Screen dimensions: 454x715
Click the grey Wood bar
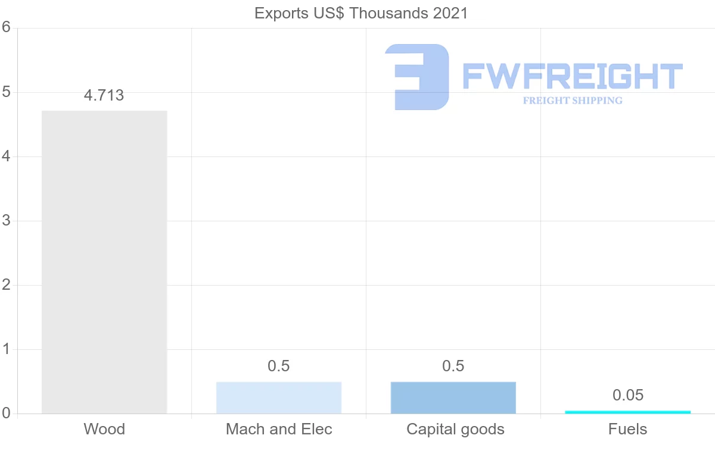104,262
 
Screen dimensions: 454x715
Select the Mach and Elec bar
279,397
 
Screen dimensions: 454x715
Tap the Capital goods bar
453,397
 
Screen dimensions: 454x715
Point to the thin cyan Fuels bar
627,412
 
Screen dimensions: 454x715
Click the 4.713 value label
104,95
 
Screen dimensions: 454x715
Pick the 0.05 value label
628,395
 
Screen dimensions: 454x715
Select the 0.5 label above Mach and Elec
279,366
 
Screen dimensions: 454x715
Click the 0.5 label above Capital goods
453,366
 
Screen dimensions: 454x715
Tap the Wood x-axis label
104,429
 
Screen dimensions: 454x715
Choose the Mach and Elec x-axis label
279,429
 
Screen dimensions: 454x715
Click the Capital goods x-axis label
455,429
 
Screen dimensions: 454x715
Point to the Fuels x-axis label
628,429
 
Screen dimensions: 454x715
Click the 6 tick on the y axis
6,27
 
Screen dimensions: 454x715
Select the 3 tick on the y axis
6,221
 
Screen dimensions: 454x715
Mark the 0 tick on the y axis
6,414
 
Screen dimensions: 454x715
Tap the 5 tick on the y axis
6,92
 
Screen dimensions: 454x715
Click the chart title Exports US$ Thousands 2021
361,13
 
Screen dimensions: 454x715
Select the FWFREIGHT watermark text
573,77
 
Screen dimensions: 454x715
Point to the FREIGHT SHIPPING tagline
573,101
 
